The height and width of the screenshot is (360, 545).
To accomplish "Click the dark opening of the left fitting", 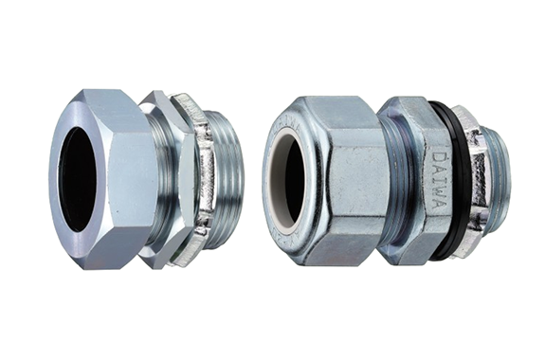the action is pyautogui.click(x=77, y=180).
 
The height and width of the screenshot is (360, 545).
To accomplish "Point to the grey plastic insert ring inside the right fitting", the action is pyautogui.click(x=279, y=181).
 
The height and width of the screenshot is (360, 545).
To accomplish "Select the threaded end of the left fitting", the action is pyautogui.click(x=227, y=180).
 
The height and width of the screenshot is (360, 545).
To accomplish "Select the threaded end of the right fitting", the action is pyautogui.click(x=494, y=181).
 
